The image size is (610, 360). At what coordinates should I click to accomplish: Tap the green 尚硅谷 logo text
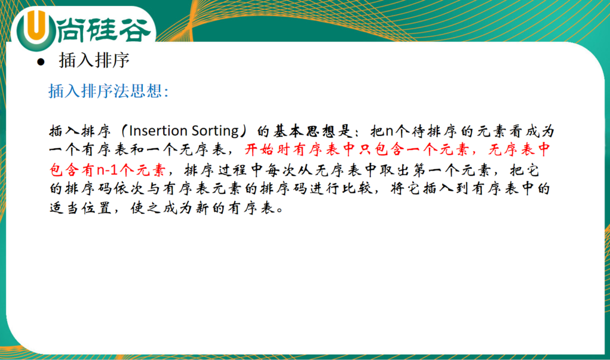tap(104, 30)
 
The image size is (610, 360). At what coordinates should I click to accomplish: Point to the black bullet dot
tap(41, 62)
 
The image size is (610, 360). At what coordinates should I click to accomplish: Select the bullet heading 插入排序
tap(94, 61)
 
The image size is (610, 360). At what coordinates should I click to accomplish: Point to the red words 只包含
tap(375, 150)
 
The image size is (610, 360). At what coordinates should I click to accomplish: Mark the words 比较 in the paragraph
tap(357, 189)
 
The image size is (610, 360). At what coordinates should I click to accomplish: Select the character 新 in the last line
tap(203, 208)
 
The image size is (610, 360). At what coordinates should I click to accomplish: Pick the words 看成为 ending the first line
tap(530, 131)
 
